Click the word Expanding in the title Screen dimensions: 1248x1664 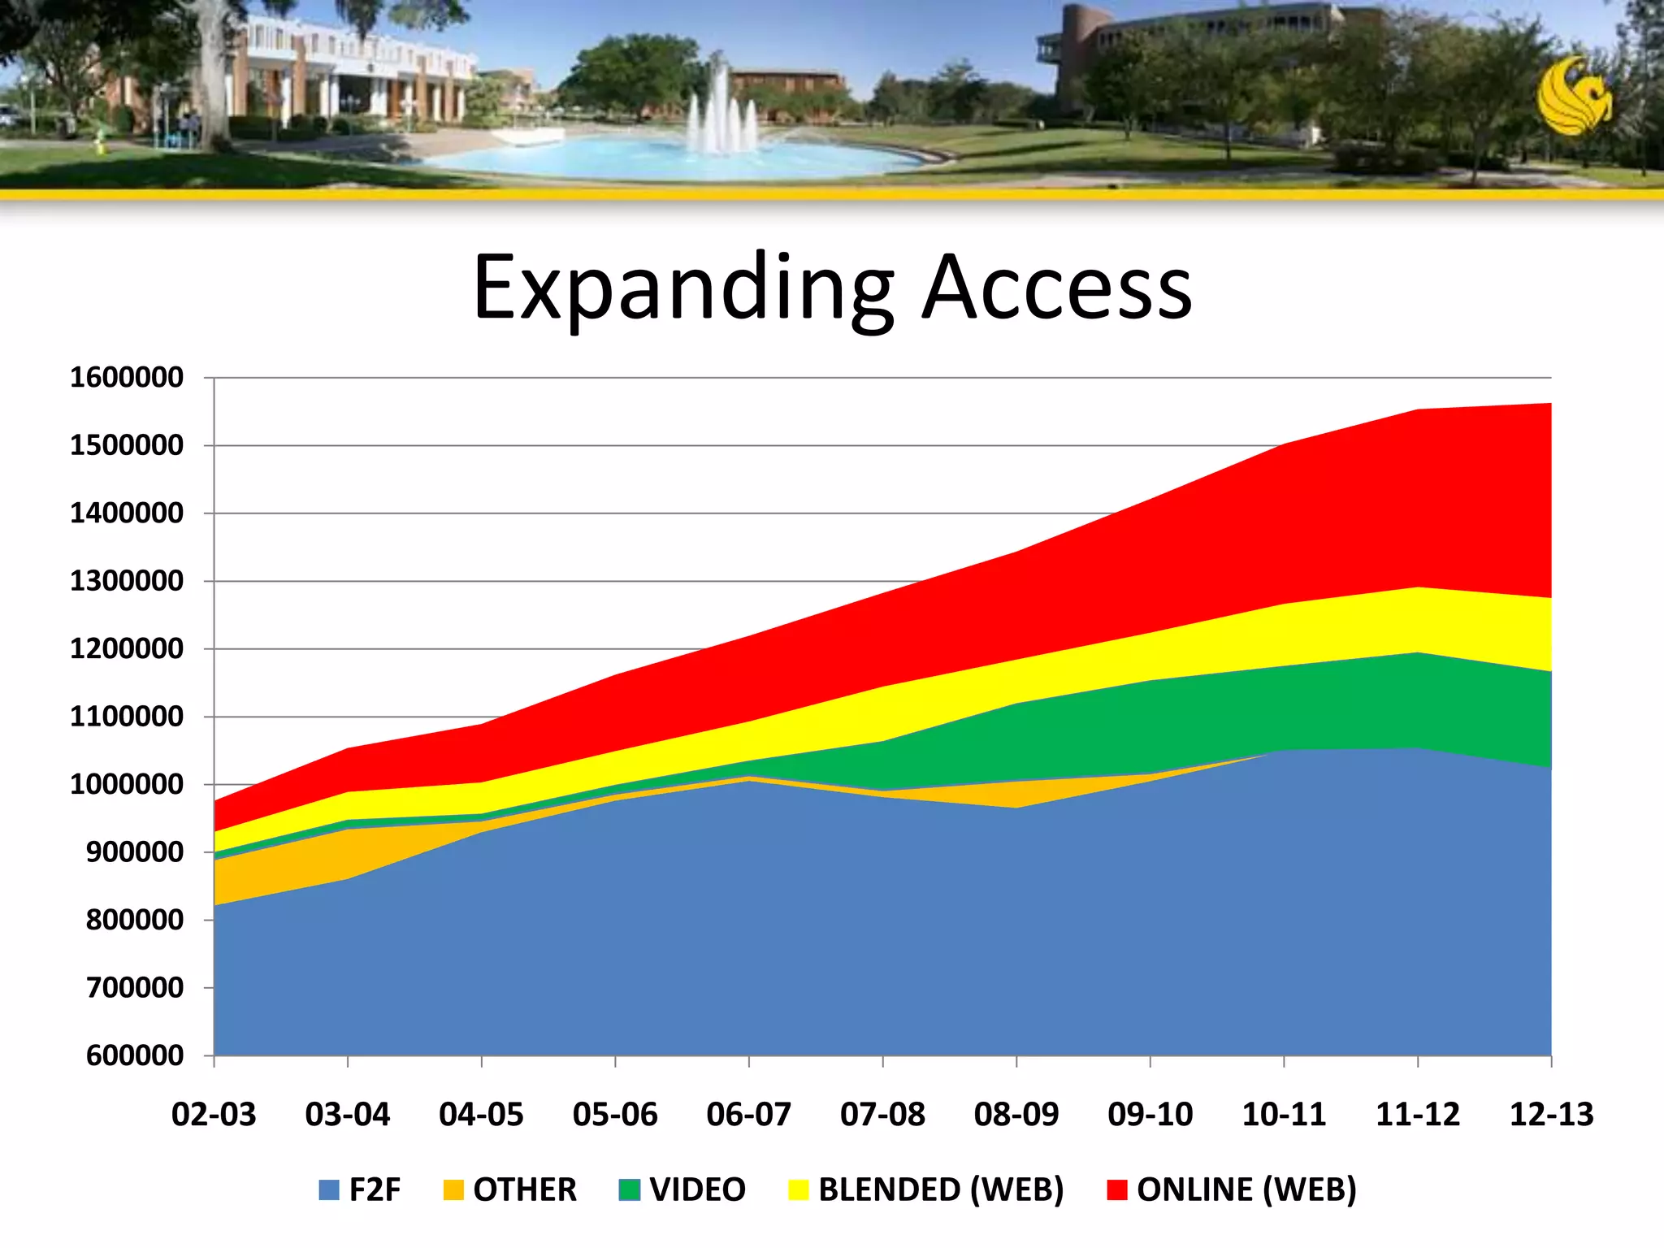point(682,289)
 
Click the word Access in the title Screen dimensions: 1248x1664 point(1058,289)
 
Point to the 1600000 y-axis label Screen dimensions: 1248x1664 point(127,378)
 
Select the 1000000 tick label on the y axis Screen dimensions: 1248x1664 point(127,785)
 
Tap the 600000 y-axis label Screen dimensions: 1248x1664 point(135,1056)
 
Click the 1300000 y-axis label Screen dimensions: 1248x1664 point(127,582)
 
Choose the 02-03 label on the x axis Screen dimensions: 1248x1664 point(214,1114)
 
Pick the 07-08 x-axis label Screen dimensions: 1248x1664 point(882,1114)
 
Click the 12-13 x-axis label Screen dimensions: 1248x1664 point(1551,1114)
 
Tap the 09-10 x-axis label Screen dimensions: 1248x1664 point(1150,1114)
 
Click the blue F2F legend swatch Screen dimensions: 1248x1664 point(329,1190)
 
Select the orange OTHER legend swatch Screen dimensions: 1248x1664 point(453,1190)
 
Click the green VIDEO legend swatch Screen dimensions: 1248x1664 point(630,1190)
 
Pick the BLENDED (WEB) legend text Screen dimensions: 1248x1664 point(941,1190)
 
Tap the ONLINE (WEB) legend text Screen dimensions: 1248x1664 point(1246,1190)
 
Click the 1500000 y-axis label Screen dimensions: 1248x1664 point(127,446)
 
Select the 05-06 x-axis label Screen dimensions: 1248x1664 point(615,1114)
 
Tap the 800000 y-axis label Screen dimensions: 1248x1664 point(135,921)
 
